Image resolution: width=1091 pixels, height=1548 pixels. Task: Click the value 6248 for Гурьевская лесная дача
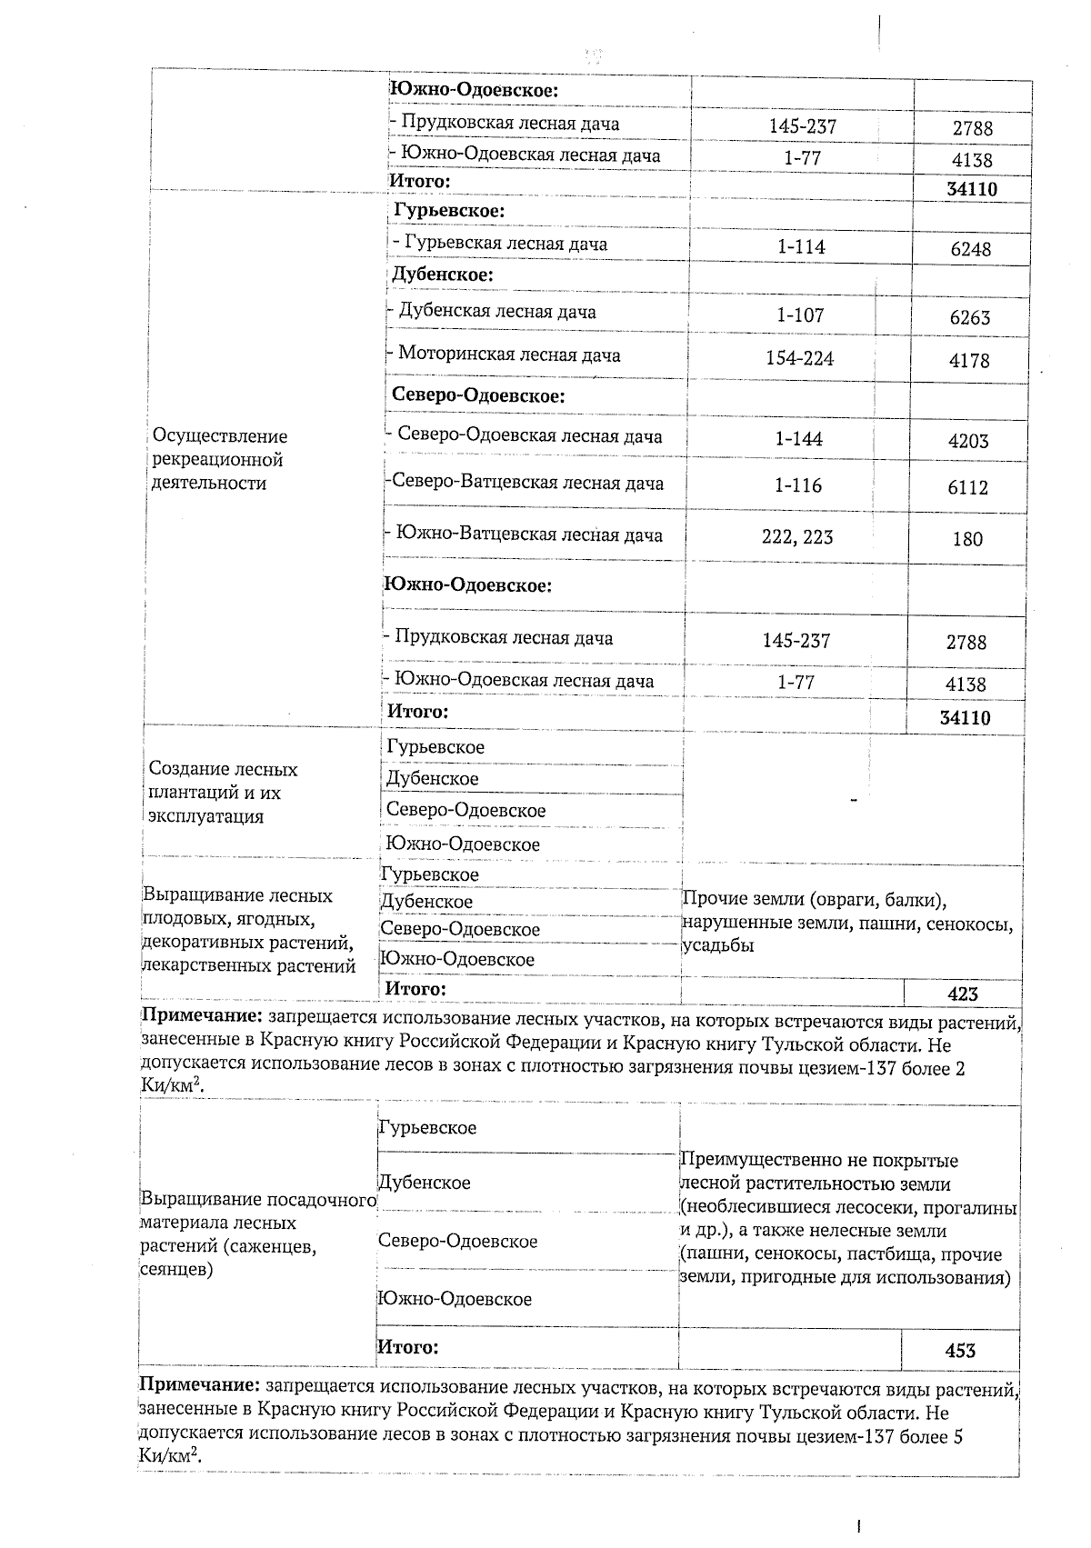click(x=970, y=249)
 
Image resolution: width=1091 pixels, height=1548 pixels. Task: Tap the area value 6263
click(x=969, y=317)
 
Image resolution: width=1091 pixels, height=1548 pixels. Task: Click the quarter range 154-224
click(x=799, y=358)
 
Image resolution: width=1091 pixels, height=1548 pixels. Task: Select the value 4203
click(x=967, y=441)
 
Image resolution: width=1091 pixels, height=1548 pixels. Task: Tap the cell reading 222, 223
click(x=797, y=537)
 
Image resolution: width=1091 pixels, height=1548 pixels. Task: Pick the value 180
click(x=967, y=539)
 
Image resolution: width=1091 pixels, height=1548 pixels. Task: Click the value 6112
click(x=967, y=487)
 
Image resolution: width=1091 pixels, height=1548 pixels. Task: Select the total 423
click(x=962, y=994)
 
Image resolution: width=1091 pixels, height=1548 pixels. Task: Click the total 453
click(x=960, y=1351)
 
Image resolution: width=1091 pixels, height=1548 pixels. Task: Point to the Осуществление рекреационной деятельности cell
click(x=220, y=460)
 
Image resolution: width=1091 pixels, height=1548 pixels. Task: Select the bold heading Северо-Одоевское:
click(x=478, y=395)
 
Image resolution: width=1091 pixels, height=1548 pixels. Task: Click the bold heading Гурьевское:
click(x=449, y=211)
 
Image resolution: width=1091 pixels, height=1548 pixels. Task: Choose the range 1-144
click(x=798, y=439)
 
